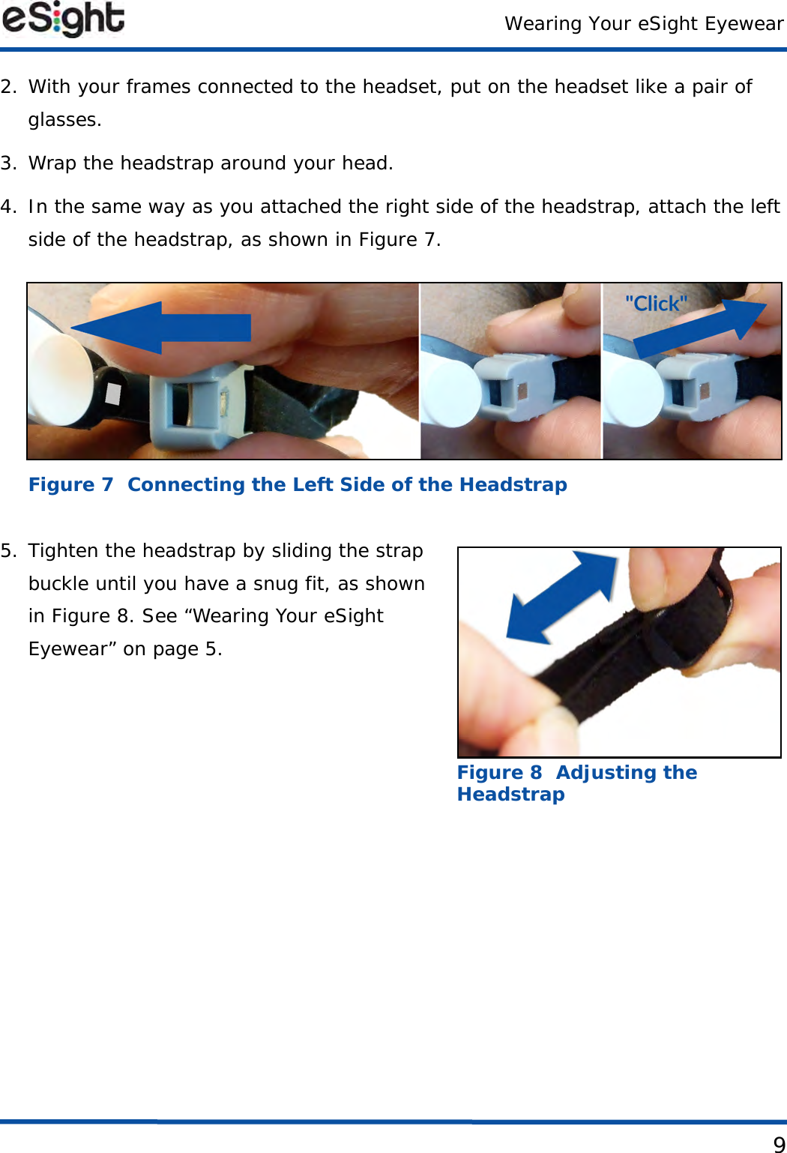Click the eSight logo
(63, 19)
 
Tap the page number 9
(779, 1145)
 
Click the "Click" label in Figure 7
(657, 304)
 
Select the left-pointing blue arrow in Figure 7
(160, 328)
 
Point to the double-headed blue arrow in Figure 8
(561, 597)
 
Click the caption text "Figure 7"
(70, 484)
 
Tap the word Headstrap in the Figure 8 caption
(510, 794)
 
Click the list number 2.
(8, 87)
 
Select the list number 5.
(8, 551)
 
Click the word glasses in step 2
(64, 121)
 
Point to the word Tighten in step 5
(64, 551)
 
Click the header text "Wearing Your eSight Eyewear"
(644, 24)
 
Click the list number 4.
(8, 207)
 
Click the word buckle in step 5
(58, 584)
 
